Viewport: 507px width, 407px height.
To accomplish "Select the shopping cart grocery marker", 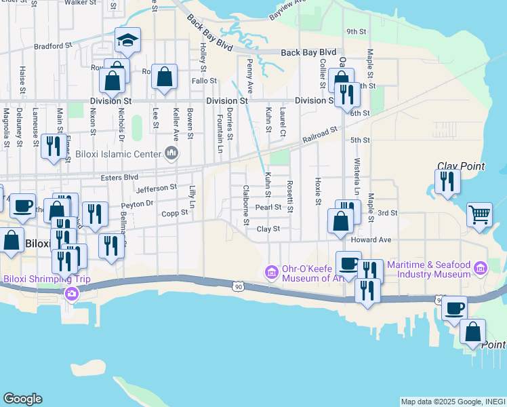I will click(x=479, y=214).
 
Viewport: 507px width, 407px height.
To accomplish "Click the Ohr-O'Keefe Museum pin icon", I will click(x=271, y=273).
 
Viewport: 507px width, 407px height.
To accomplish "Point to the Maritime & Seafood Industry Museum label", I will click(x=434, y=269).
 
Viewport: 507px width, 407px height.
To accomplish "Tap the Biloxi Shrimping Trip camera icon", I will click(x=71, y=294).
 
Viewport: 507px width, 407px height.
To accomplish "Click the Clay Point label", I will click(x=461, y=166).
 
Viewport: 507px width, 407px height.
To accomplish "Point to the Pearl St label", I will click(x=268, y=208).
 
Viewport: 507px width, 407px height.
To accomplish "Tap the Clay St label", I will click(x=268, y=229).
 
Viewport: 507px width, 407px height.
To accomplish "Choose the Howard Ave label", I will click(x=371, y=240).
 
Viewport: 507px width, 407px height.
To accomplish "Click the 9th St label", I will click(x=356, y=31).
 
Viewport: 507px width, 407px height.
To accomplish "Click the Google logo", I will click(x=22, y=399).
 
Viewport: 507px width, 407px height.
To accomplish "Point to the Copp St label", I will click(x=174, y=213).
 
